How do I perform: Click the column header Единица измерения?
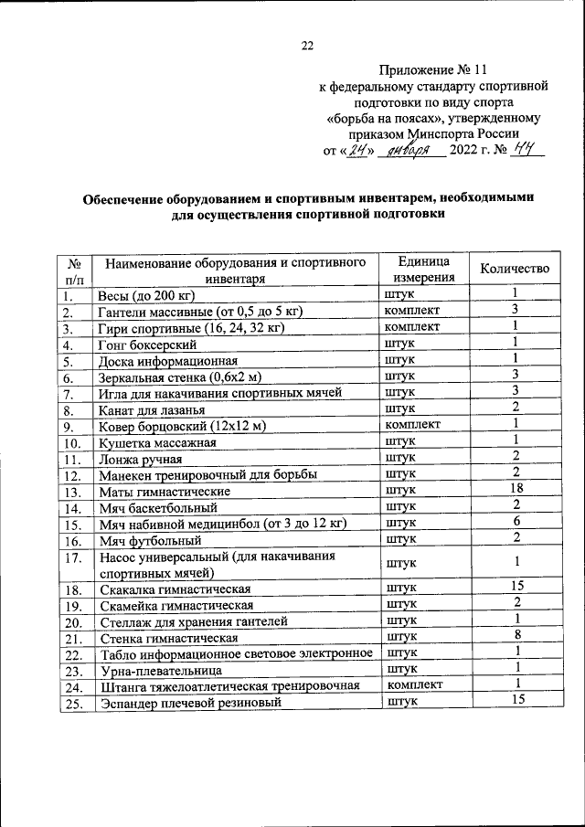coord(424,269)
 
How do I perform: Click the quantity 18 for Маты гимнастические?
coord(516,490)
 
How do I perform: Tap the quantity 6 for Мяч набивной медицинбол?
coord(516,523)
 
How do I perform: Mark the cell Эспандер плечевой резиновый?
coord(187,703)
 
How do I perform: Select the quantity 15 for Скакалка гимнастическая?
coord(516,586)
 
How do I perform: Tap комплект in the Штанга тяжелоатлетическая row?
coord(415,685)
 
